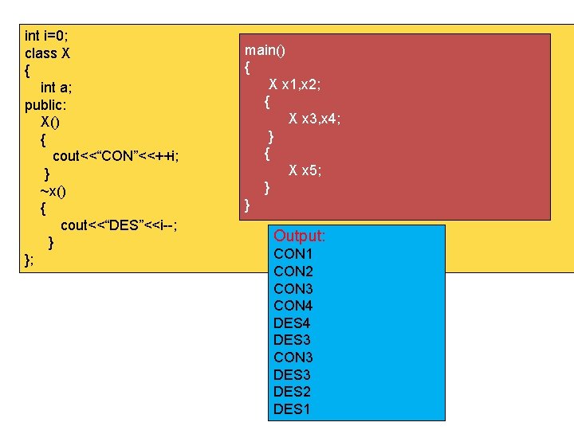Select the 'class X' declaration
(x=47, y=53)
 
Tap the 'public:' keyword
(x=46, y=105)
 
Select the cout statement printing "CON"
(x=116, y=156)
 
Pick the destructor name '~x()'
(x=53, y=191)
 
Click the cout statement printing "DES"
(x=119, y=225)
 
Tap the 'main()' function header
(x=265, y=51)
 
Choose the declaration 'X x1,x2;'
(x=295, y=84)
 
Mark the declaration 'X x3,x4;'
(x=315, y=119)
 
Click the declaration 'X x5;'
(x=305, y=170)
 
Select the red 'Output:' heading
(x=300, y=236)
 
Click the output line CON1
(x=293, y=254)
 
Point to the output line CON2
(x=293, y=272)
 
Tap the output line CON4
(x=293, y=306)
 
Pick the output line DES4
(x=292, y=323)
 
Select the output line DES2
(x=292, y=392)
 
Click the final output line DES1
(x=292, y=409)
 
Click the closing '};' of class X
(x=29, y=260)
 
